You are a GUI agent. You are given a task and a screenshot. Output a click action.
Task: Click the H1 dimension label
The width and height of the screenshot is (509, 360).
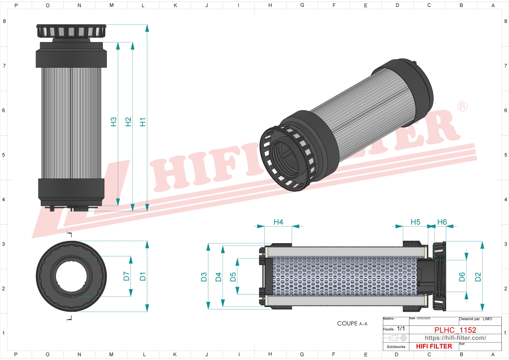pos(143,122)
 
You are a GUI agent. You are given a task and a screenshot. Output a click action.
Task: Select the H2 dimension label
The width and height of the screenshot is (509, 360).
pos(128,122)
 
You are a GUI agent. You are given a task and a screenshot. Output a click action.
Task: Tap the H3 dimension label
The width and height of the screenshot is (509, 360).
pos(113,122)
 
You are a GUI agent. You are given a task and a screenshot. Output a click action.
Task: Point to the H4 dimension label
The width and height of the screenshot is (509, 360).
pos(278,222)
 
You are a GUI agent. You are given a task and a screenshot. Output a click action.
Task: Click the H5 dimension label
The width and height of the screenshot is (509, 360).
pos(415,222)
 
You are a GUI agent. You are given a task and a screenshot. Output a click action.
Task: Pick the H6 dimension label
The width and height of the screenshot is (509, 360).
pos(442,222)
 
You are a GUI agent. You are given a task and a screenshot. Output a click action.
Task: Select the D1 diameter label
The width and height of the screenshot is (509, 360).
pos(143,276)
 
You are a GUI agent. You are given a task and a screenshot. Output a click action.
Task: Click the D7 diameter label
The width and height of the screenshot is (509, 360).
pos(126,276)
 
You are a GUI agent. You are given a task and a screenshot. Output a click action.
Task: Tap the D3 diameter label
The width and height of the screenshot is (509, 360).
pos(204,277)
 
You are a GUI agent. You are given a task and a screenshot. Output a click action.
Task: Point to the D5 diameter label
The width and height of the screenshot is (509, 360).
pos(233,277)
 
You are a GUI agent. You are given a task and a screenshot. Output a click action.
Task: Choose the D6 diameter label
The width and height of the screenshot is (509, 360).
pos(462,277)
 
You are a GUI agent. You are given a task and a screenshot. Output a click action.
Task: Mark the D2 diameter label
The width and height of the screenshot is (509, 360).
pos(478,277)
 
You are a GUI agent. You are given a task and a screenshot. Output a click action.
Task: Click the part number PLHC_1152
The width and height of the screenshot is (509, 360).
pos(455,330)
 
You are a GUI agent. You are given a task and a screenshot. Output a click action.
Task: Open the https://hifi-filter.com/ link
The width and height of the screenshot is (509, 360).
pos(455,338)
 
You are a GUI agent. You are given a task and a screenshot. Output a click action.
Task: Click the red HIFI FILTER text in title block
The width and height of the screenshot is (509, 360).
pos(434,346)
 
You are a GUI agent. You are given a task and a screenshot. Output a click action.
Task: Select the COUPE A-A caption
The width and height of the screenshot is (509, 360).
pos(352,323)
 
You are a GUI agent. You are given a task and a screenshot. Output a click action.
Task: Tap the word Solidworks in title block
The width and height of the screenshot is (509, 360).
pos(396,347)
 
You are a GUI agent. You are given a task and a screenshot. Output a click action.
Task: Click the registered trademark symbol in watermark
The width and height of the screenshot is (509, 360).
pos(462,106)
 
